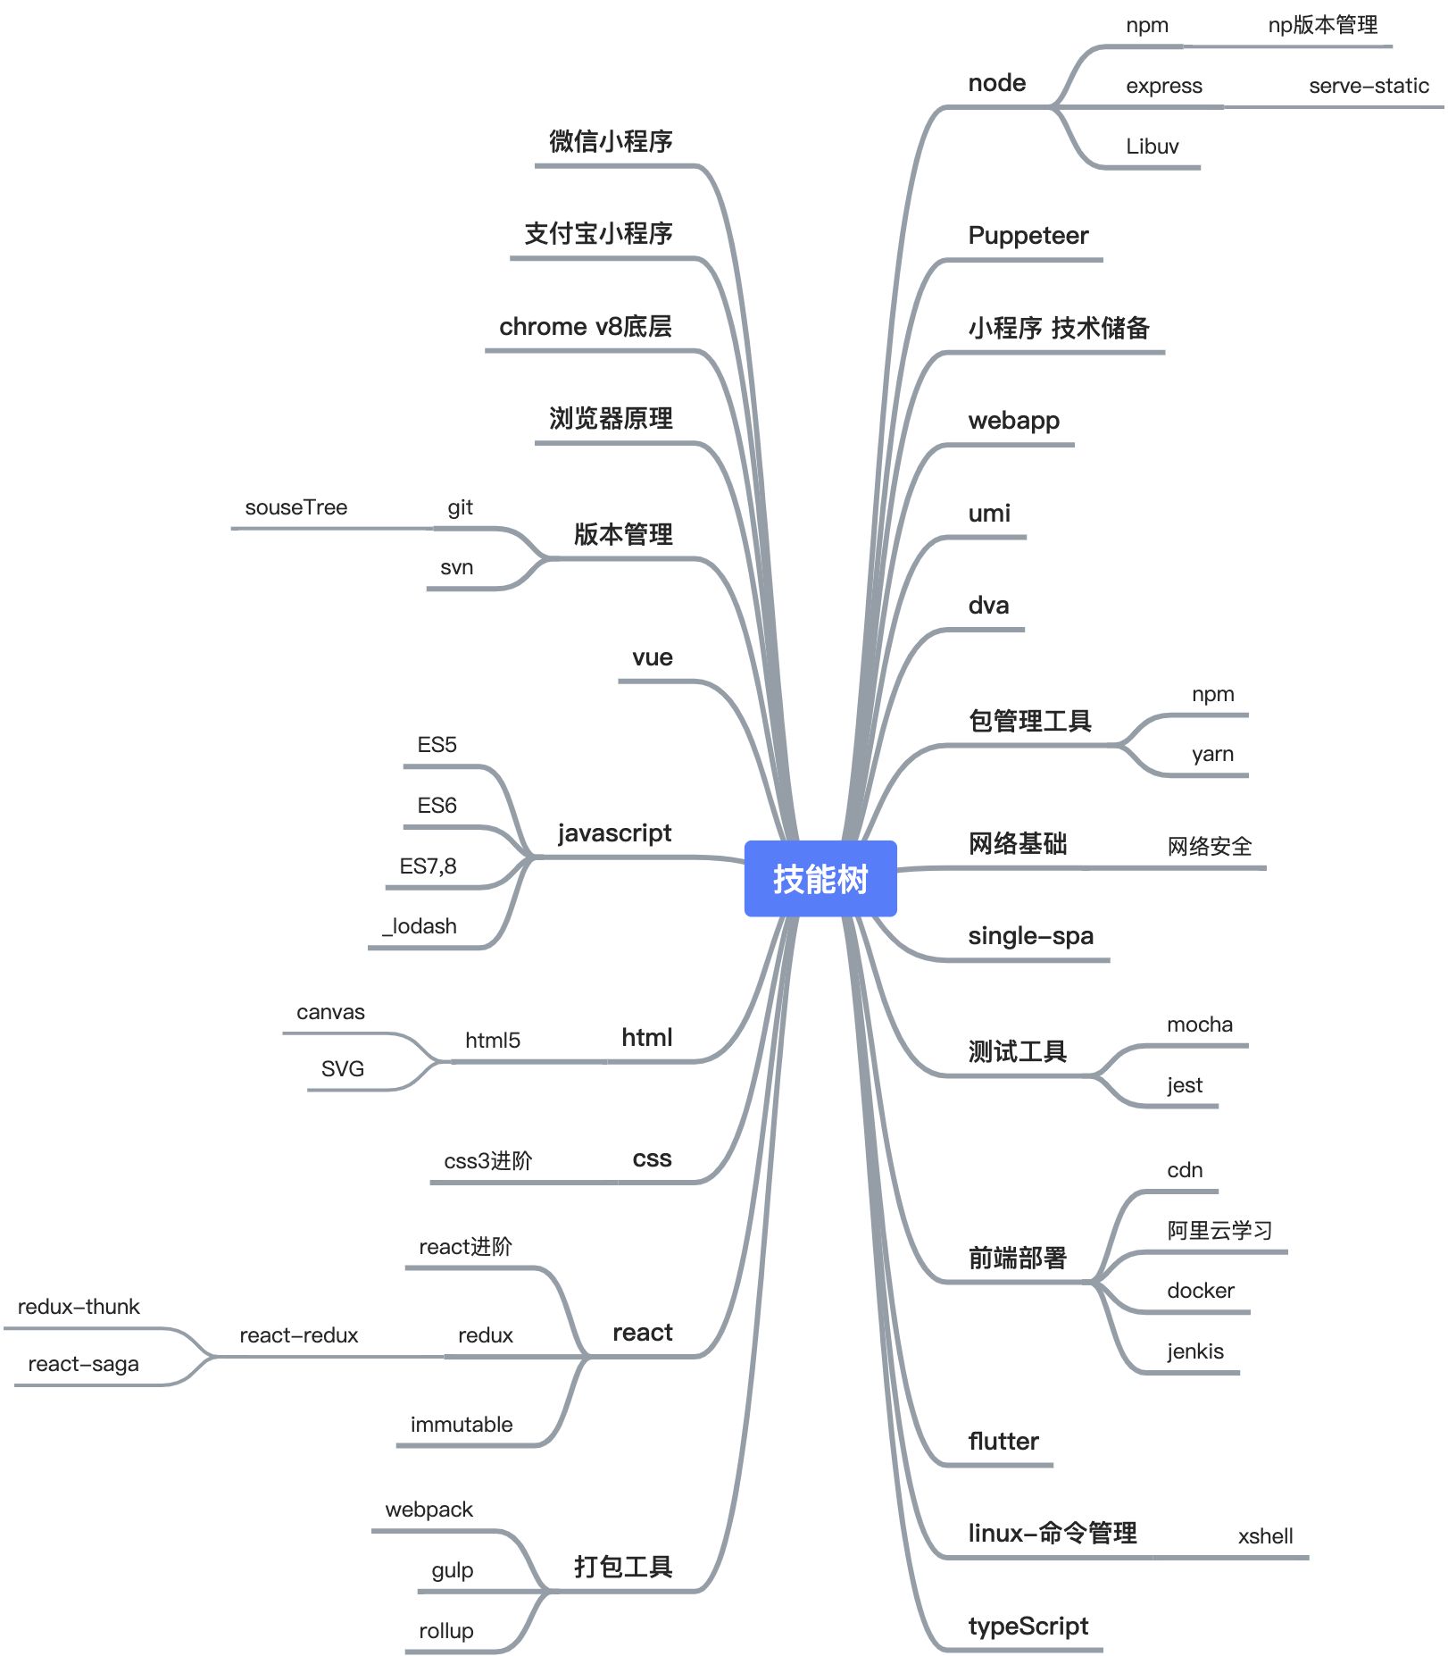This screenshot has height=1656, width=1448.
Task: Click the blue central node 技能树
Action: (x=820, y=879)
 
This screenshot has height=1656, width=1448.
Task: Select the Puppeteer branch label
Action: (x=1028, y=236)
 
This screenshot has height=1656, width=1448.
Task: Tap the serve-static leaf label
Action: (x=1368, y=86)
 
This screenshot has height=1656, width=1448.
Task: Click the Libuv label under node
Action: (x=1152, y=146)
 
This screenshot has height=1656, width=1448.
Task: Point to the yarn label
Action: (x=1212, y=754)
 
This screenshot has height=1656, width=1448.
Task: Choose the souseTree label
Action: (x=295, y=507)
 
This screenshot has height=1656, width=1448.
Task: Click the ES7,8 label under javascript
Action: (x=428, y=866)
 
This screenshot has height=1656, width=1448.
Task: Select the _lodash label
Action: (x=420, y=926)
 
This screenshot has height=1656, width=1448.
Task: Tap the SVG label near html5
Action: (x=342, y=1068)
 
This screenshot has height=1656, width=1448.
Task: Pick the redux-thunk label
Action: (x=79, y=1307)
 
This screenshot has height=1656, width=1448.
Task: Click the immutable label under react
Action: (x=461, y=1425)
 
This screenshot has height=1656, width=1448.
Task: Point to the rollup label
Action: (x=445, y=1631)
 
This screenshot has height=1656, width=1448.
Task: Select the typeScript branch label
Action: (x=1028, y=1626)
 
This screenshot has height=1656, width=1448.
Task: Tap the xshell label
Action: (x=1265, y=1536)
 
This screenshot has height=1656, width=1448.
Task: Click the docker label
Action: (x=1200, y=1291)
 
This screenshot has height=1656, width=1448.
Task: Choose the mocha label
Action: (x=1199, y=1025)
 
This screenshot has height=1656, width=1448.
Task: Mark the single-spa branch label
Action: (x=1030, y=936)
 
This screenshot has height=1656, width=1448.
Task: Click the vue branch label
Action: (x=652, y=657)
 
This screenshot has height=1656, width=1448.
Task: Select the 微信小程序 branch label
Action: (x=611, y=141)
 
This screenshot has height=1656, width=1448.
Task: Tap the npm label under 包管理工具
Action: (x=1212, y=694)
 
